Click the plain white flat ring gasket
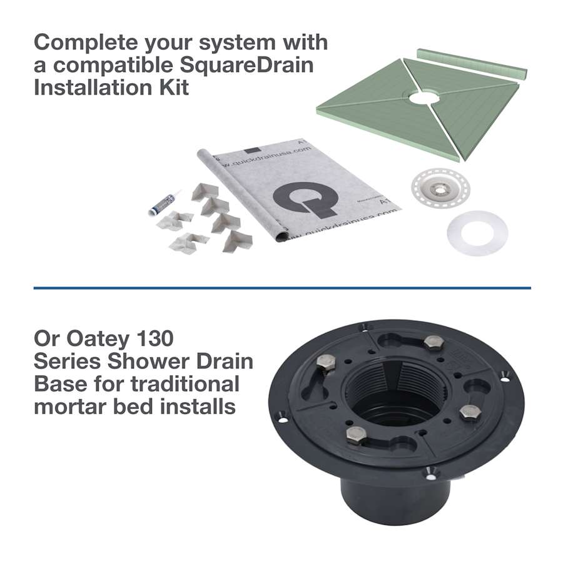pyautogui.click(x=477, y=232)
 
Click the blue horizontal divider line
pyautogui.click(x=281, y=288)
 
